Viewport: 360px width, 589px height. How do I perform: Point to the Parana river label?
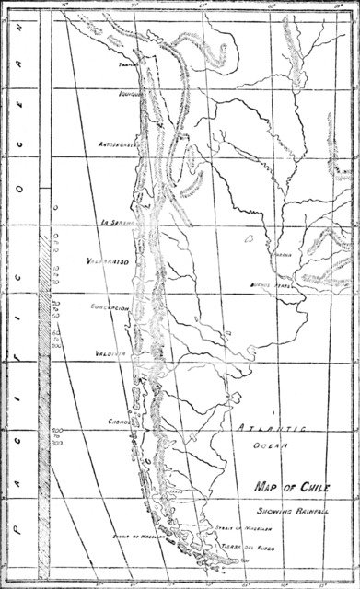click(x=283, y=255)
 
